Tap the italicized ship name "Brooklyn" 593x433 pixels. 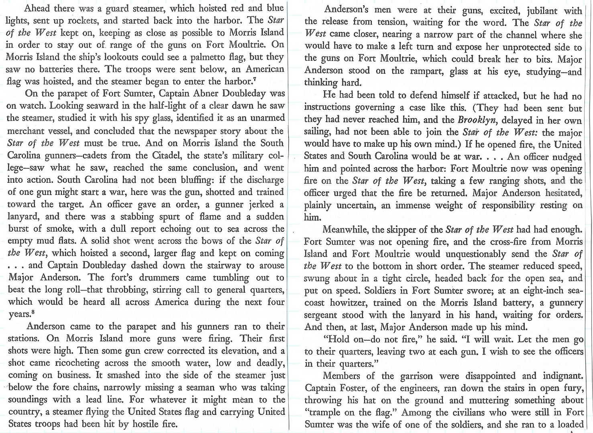[478, 120]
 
